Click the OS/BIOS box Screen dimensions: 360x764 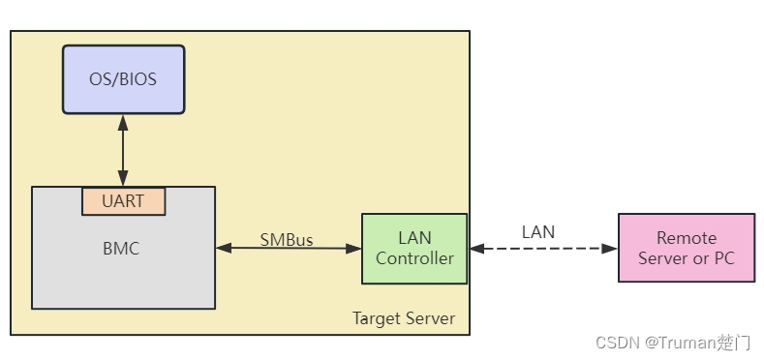point(123,79)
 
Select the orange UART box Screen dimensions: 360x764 point(123,201)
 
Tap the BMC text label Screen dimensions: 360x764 point(121,249)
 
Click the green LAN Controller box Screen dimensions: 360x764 point(414,249)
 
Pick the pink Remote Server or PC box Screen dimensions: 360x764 point(686,248)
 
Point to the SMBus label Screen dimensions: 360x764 point(287,239)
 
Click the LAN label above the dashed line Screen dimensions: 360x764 point(538,231)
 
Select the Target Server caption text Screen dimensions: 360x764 point(404,318)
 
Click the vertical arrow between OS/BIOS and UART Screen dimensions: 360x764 point(123,151)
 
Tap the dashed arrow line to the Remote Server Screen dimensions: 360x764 point(542,249)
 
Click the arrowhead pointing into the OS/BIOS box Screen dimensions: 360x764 point(123,122)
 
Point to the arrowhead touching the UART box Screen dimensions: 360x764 point(123,180)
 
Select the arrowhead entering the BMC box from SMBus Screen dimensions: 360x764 point(223,249)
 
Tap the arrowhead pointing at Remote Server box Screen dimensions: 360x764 point(610,249)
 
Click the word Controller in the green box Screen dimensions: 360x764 point(414,258)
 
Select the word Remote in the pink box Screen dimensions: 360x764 point(686,238)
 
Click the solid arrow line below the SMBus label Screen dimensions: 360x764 point(288,249)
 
